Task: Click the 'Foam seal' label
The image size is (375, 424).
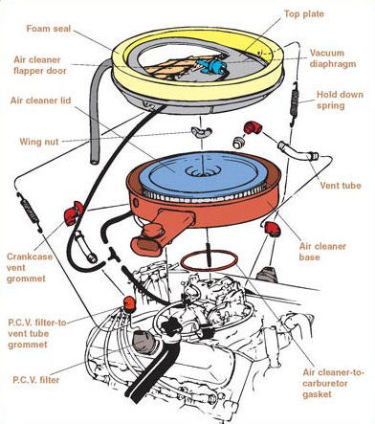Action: click(48, 29)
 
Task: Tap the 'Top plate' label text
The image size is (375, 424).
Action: click(304, 14)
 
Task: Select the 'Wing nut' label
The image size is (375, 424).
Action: click(39, 142)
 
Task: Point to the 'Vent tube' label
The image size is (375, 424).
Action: click(341, 186)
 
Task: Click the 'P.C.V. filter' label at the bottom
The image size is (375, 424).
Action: click(36, 380)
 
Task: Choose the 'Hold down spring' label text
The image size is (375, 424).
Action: click(340, 100)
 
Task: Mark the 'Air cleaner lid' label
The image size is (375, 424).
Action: click(40, 100)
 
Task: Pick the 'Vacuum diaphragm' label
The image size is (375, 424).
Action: click(333, 58)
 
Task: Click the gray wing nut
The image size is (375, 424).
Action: click(200, 131)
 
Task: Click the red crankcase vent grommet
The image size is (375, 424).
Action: click(74, 212)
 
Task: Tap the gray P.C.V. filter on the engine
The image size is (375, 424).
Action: click(143, 341)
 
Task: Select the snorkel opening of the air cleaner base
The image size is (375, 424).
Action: click(146, 245)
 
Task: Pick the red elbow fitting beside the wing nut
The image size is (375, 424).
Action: click(253, 127)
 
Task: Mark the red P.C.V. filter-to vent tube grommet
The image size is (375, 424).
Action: click(129, 303)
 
